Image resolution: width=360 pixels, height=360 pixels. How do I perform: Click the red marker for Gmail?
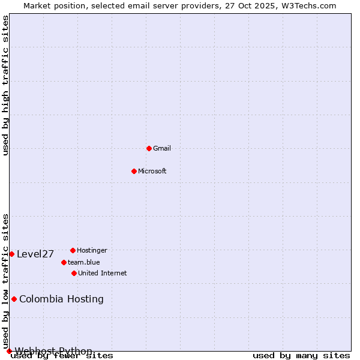coord(149,148)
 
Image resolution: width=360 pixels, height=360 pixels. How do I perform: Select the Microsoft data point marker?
coord(134,171)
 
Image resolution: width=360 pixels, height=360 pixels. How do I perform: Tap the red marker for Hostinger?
coord(73,250)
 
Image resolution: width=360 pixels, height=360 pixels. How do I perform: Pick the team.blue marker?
coord(64,262)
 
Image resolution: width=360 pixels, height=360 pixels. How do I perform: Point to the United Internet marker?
coord(74,273)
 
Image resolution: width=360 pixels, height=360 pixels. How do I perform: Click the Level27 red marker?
coord(11,254)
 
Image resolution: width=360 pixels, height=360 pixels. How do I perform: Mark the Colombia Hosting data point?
coord(14,299)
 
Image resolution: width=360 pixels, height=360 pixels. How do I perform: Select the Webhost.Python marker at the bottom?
coord(9,351)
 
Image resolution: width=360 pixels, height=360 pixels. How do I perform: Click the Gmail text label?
coord(162,148)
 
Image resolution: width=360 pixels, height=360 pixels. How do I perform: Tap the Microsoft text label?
coord(152,171)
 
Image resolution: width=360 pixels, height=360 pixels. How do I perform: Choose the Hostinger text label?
coord(92,250)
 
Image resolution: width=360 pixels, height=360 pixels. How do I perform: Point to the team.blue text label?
coord(84,262)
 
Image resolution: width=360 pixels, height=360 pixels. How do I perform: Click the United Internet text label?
coord(102,273)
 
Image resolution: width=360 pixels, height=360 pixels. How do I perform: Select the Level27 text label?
coord(35,254)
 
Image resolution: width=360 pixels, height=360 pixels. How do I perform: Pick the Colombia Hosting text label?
coord(61,299)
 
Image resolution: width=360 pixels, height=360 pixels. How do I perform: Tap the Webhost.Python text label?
coord(54,351)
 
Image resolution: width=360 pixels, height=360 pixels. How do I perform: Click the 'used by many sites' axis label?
coord(301,356)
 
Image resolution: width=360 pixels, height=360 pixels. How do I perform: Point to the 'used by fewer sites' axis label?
coord(62,356)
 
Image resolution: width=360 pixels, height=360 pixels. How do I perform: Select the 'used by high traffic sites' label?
coord(6,85)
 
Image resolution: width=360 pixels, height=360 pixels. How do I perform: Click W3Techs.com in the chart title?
coord(308,5)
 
